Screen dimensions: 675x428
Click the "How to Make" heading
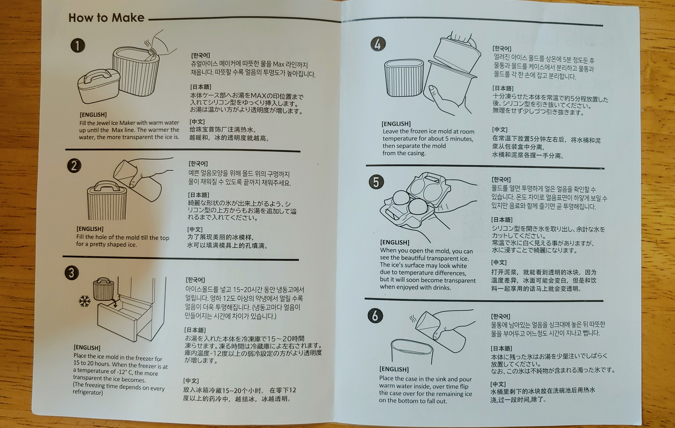tap(106, 18)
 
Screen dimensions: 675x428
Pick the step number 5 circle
tap(376, 182)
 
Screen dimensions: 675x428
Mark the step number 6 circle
tap(375, 316)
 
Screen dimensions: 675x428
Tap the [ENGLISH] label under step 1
tap(93, 115)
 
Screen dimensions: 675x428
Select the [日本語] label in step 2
tap(198, 195)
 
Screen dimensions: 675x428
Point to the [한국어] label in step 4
tap(502, 49)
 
